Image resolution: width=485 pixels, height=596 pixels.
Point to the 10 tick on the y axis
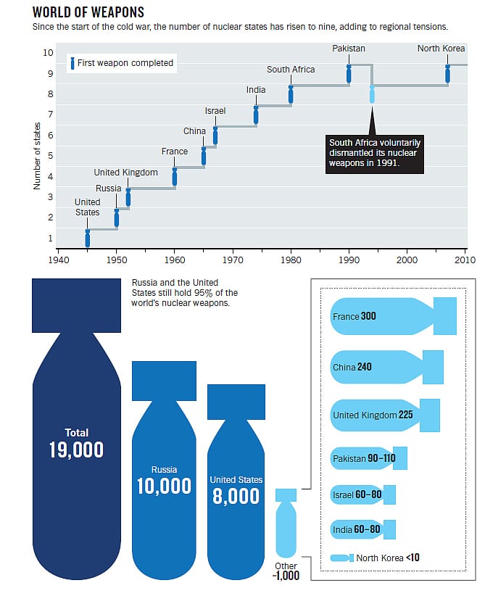[48, 53]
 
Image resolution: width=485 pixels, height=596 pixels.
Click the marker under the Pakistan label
[349, 74]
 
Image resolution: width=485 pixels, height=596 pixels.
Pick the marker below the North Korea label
[447, 74]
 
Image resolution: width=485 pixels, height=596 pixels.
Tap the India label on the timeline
[256, 90]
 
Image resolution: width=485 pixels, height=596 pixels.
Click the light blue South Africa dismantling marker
[373, 94]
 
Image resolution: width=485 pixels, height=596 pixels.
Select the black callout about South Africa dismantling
[374, 154]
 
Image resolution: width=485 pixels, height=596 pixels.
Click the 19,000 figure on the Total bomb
[76, 450]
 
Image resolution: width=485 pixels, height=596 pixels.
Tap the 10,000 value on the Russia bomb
[164, 486]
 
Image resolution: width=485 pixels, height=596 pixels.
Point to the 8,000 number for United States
[236, 495]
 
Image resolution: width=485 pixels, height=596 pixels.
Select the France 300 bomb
[391, 316]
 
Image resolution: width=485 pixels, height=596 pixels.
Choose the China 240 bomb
[386, 367]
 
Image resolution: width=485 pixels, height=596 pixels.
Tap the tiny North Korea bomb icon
[341, 558]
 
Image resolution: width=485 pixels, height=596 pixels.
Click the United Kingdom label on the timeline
[125, 173]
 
